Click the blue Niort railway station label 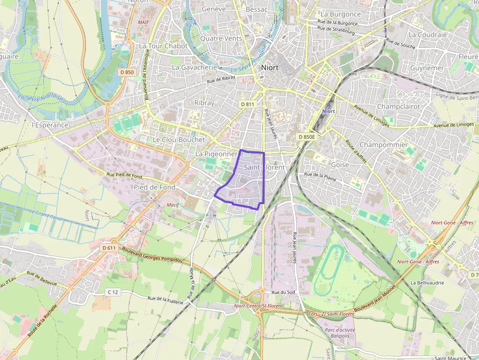328,111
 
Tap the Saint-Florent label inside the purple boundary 264,167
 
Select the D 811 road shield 248,104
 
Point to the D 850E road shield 307,137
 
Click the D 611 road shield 109,248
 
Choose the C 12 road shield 113,292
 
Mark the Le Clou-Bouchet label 179,139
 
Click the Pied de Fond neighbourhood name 154,187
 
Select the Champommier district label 383,145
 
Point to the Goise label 340,165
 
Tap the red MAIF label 143,22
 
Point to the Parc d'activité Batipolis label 340,333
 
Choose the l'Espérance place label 50,125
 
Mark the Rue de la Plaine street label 320,176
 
